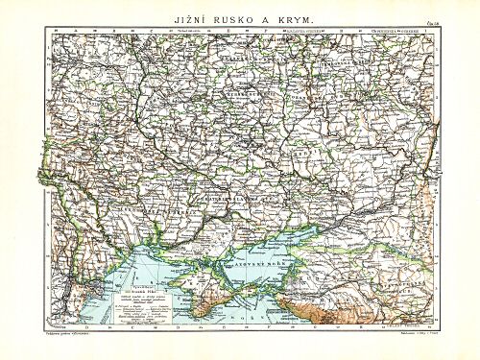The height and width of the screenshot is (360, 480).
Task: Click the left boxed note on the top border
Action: pyautogui.click(x=312, y=30)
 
